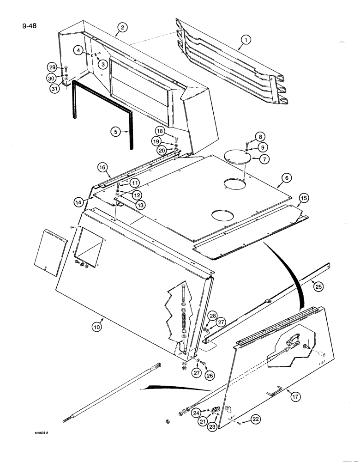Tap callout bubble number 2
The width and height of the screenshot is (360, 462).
coord(121,29)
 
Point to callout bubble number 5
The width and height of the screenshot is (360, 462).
coord(117,131)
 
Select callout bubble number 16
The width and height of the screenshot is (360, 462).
coord(102,167)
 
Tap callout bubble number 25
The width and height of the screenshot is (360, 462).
coord(318,286)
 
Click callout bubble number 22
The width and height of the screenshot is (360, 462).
coord(257,419)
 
